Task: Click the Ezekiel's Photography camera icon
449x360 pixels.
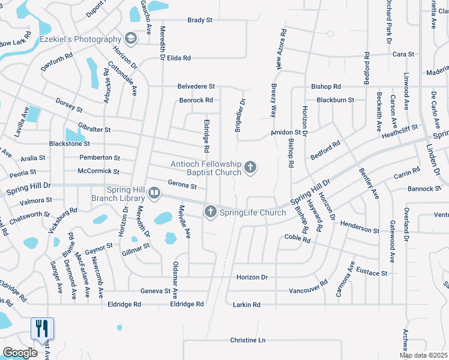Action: [131, 39]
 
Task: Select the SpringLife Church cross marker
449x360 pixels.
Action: [210, 212]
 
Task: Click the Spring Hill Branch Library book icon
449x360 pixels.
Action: [154, 193]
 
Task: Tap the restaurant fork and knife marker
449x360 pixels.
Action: [42, 328]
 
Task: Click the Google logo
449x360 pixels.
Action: [20, 353]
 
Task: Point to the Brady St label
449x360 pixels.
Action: [200, 20]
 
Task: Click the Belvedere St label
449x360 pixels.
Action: [196, 86]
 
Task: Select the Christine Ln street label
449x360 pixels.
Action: [247, 340]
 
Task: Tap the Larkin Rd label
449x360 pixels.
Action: [247, 305]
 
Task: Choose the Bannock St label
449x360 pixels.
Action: [424, 188]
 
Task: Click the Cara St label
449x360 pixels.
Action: [403, 54]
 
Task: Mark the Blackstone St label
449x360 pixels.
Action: [69, 144]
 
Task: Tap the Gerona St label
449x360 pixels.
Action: [182, 185]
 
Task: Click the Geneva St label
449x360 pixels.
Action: [155, 291]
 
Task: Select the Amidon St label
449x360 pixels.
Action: [285, 132]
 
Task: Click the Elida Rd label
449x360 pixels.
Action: [179, 58]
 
